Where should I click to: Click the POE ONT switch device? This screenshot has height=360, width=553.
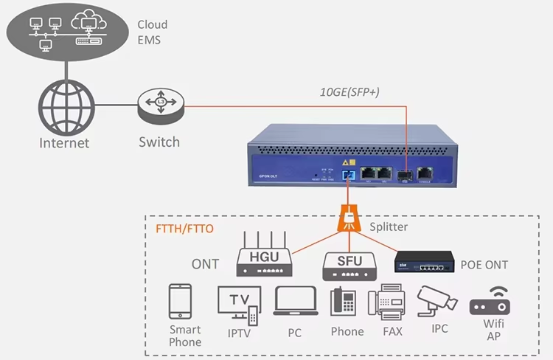[425, 260]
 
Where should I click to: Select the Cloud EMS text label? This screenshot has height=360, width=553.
[152, 32]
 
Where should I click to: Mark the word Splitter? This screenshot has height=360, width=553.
[388, 227]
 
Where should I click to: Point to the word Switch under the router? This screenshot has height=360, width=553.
[159, 142]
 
